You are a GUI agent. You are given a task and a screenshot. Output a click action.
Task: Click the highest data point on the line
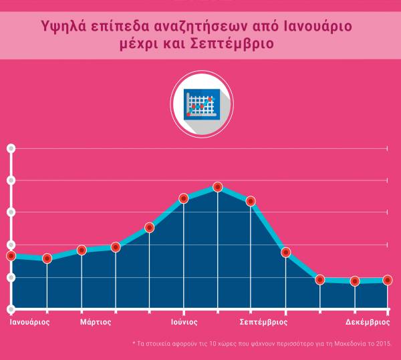tap(217, 188)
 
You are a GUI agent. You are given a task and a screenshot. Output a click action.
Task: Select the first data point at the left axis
tap(11, 256)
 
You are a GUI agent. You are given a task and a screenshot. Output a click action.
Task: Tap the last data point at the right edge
tap(387, 281)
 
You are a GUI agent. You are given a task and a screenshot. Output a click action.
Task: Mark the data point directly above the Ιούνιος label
tap(183, 198)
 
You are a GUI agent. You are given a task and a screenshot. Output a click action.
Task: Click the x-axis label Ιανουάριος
tap(29, 321)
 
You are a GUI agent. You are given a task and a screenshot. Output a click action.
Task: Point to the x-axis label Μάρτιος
tap(96, 321)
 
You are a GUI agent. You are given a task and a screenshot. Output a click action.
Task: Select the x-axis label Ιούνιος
tap(183, 321)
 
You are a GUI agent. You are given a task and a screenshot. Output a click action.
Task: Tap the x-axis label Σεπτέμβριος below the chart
tap(263, 321)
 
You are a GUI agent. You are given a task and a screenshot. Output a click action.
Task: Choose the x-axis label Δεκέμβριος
tap(368, 321)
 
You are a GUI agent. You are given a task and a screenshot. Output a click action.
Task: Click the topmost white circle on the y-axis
tap(11, 148)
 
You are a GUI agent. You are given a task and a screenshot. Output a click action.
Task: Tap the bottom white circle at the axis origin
tap(11, 309)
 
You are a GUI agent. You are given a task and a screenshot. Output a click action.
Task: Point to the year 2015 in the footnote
tap(383, 344)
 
